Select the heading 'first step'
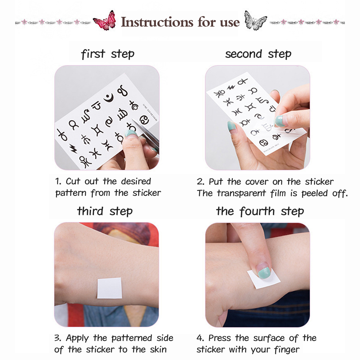pos(108,54)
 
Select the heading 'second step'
pos(258,54)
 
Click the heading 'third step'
pos(105,211)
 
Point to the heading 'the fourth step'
pos(260,211)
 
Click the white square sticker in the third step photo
pos(109,288)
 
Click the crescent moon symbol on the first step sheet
pos(109,98)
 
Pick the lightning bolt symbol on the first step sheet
pos(73,148)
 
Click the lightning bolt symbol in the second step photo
pos(231,87)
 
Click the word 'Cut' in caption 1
pos(73,181)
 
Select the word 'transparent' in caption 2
pos(241,194)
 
